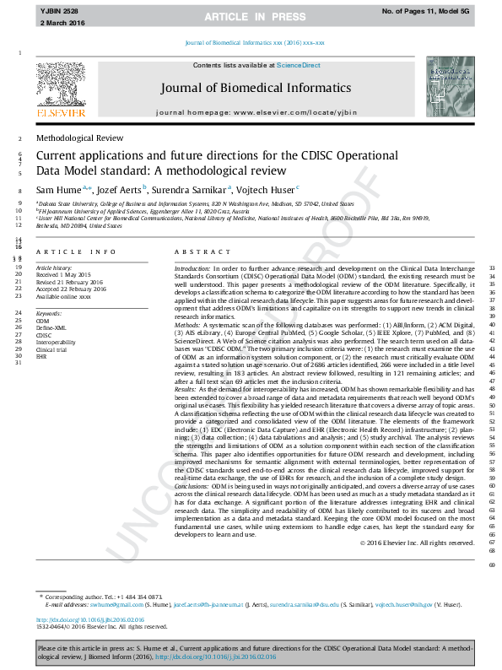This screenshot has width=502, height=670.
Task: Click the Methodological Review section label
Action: pyautogui.click(x=79, y=138)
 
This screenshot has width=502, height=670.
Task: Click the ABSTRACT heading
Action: pyautogui.click(x=196, y=252)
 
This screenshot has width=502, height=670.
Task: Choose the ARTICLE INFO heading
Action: pyautogui.click(x=76, y=252)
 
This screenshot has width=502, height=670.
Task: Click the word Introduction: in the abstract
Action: pyautogui.click(x=192, y=268)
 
